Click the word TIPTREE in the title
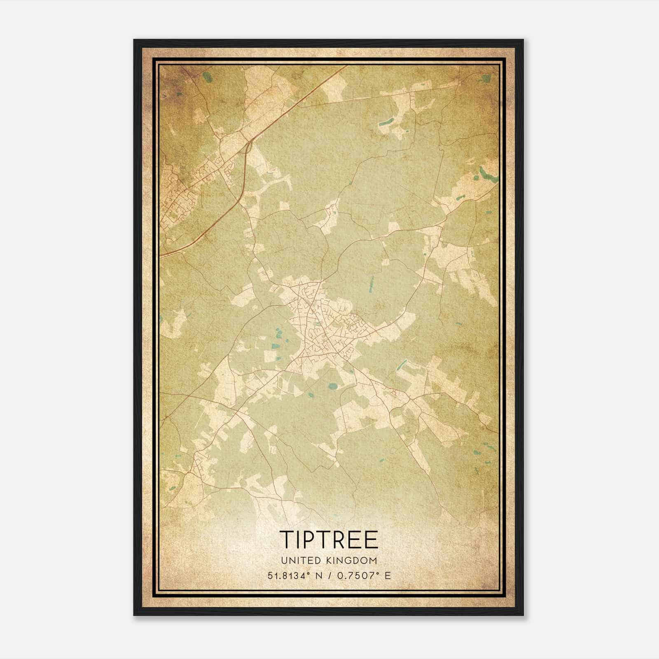click(329, 539)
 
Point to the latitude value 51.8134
click(287, 575)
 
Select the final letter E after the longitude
click(387, 575)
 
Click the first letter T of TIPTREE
click(287, 539)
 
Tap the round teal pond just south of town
click(332, 386)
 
